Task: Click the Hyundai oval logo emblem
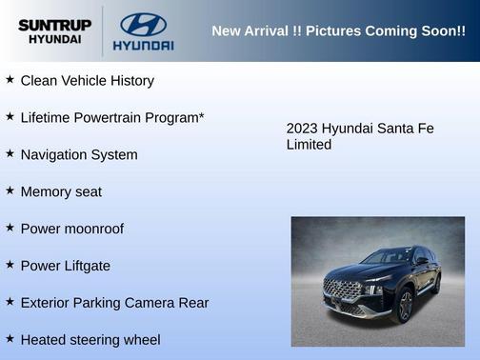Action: pos(143,23)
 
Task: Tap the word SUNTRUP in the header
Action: pos(54,24)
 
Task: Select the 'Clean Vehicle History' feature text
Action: pos(87,81)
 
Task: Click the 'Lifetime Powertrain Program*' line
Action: pos(112,118)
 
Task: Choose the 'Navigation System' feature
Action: pos(79,155)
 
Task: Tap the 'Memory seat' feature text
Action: pos(61,192)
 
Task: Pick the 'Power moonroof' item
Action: pos(71,230)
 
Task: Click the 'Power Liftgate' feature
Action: pos(65,267)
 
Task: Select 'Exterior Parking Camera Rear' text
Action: pos(114,303)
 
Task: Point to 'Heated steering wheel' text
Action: pos(90,340)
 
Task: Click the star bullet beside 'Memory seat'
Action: pos(10,190)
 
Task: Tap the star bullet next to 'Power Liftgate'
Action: pos(10,265)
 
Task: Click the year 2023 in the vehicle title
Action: pos(302,129)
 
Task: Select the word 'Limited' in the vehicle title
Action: pos(309,145)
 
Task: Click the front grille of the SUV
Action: pos(342,289)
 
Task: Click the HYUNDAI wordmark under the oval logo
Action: pos(143,45)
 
